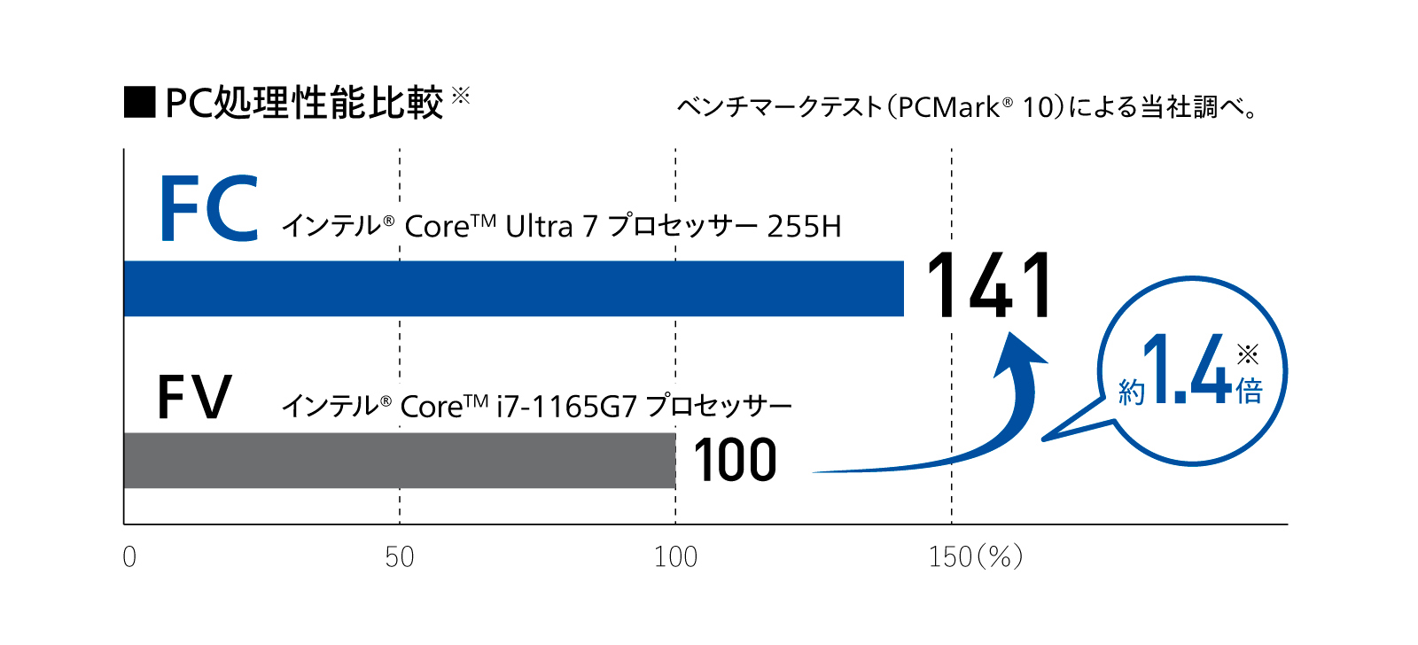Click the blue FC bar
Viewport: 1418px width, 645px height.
pos(514,288)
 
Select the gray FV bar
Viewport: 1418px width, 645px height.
pos(399,460)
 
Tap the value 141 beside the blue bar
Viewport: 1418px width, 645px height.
pos(989,285)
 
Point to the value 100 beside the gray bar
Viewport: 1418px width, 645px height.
pos(735,461)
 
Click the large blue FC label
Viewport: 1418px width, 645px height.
pos(209,209)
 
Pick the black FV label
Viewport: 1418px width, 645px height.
pos(194,398)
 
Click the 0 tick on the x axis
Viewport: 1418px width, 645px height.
pos(129,557)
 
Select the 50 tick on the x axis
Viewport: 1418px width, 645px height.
pos(400,557)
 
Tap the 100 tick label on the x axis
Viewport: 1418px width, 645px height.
pos(675,557)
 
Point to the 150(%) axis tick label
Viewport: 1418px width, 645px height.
pos(975,557)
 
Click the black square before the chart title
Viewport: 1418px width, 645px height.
pos(140,103)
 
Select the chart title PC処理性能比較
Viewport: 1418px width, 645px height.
pos(304,103)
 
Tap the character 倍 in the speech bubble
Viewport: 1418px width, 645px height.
pos(1250,391)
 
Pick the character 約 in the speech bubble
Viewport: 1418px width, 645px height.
pos(1132,392)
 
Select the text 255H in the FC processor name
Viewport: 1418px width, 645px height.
pos(804,227)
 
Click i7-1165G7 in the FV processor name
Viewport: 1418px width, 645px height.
pos(567,407)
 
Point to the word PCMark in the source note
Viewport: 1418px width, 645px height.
pos(948,108)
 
